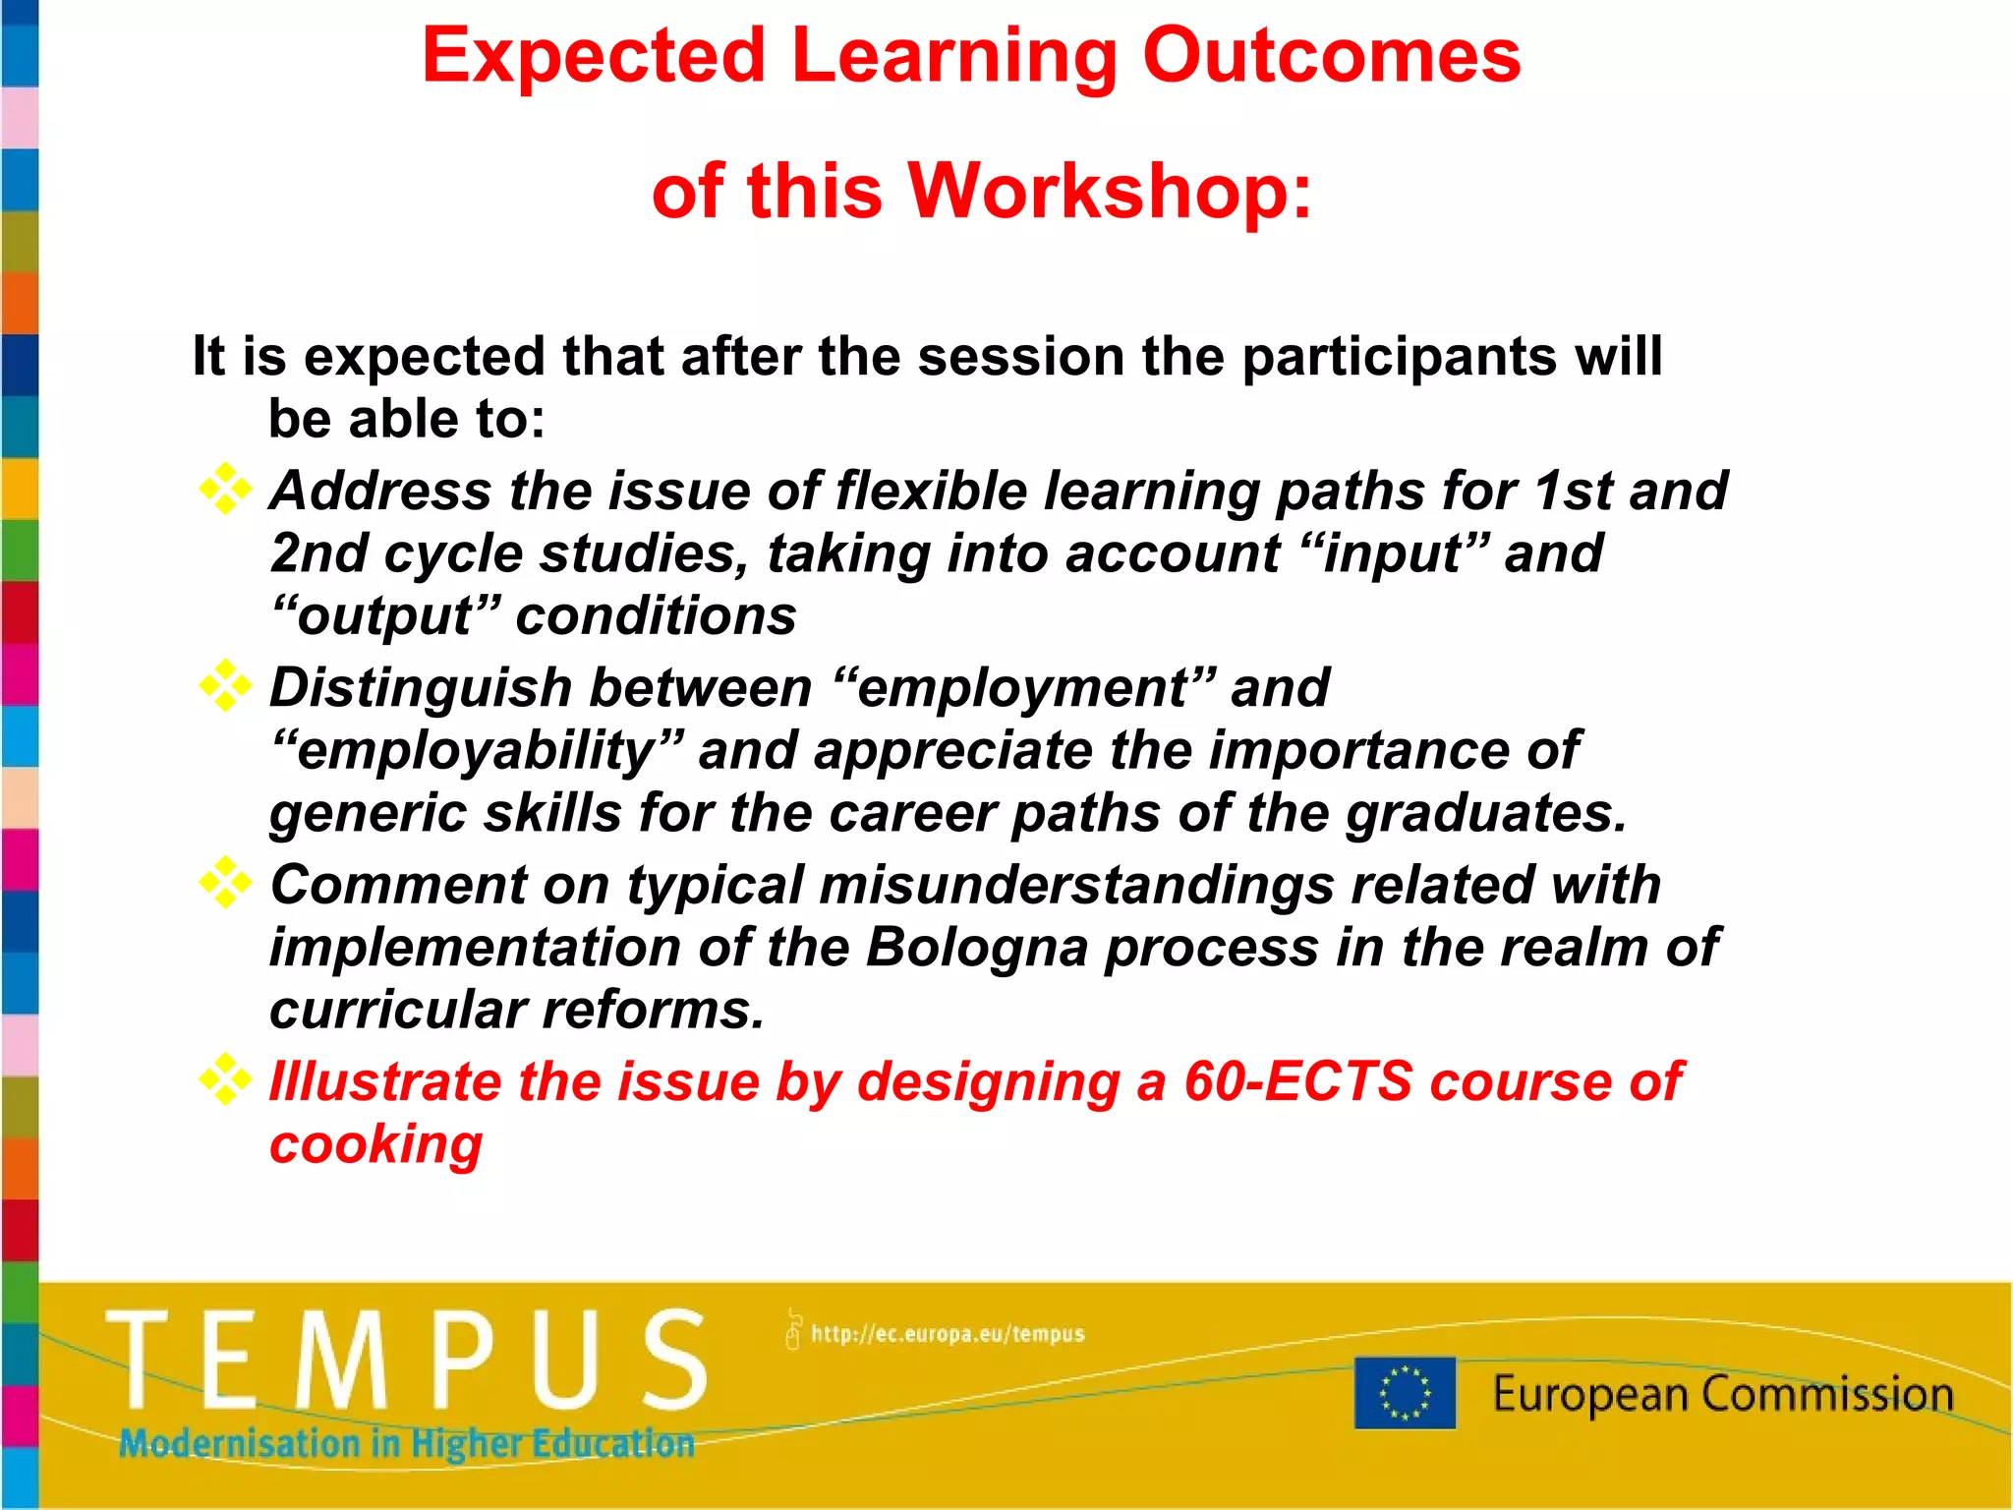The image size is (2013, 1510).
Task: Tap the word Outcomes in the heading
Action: click(x=1331, y=55)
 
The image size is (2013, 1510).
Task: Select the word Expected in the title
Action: click(x=594, y=55)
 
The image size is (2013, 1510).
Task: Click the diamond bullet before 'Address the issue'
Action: click(x=225, y=489)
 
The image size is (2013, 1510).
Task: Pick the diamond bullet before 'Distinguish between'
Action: click(x=225, y=685)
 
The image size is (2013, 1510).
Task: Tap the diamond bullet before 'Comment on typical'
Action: click(x=225, y=883)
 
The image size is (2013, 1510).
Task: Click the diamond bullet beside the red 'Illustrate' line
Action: click(x=225, y=1079)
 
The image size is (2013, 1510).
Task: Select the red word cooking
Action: click(x=375, y=1144)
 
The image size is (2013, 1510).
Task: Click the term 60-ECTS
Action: click(x=1297, y=1081)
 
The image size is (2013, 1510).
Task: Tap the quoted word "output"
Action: click(x=384, y=615)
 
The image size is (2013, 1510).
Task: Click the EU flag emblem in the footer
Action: click(x=1405, y=1392)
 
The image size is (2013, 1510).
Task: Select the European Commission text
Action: click(x=1722, y=1394)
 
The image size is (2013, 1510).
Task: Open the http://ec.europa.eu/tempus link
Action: click(x=947, y=1334)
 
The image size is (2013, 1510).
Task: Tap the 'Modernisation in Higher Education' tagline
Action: click(x=407, y=1443)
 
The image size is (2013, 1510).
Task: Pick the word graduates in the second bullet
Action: click(x=1485, y=813)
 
